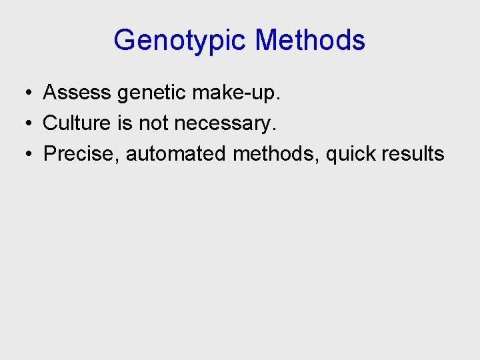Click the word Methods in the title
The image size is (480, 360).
point(310,40)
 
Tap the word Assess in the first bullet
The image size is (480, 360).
point(77,93)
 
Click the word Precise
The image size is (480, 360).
point(80,154)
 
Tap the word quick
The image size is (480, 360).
point(351,155)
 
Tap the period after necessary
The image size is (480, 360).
point(274,130)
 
